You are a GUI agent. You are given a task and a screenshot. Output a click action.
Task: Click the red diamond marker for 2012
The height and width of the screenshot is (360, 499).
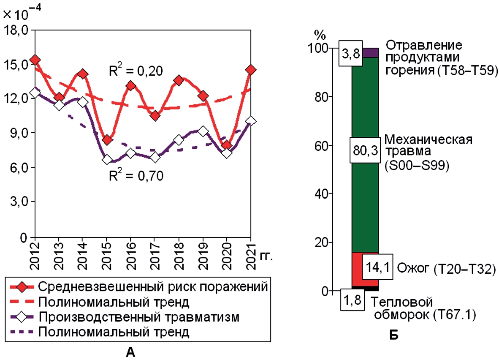(35, 60)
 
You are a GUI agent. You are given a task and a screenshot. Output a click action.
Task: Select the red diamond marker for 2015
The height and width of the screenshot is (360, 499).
(107, 139)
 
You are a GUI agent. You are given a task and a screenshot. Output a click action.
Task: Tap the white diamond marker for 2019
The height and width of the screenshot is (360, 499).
(203, 131)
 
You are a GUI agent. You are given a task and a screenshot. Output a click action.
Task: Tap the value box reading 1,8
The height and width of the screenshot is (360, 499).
(352, 301)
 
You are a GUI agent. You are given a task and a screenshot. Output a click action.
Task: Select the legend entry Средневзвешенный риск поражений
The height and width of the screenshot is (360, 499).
(152, 286)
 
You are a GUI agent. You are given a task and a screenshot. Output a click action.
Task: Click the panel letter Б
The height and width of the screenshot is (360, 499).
(394, 335)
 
